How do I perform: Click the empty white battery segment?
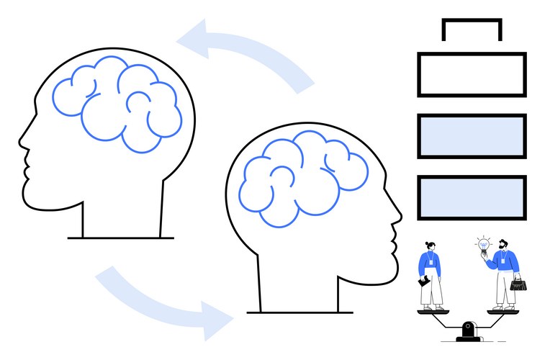(x=472, y=74)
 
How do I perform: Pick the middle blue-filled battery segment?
(x=472, y=136)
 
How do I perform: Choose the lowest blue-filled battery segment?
(x=472, y=197)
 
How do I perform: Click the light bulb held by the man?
(x=484, y=246)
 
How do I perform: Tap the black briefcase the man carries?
(x=518, y=284)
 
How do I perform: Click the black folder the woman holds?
(x=425, y=282)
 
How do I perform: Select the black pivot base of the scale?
(x=469, y=332)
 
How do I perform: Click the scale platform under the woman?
(x=432, y=311)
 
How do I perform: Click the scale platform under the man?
(x=503, y=311)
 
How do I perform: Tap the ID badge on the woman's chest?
(x=431, y=263)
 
